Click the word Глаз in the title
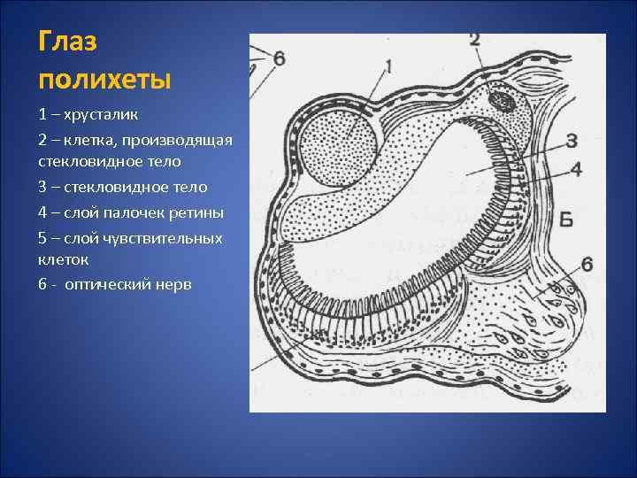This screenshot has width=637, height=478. point(69,43)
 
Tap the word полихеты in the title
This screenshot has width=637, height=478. point(104,79)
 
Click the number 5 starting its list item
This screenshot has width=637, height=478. point(42,238)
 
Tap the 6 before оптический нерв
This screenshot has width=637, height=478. point(42,285)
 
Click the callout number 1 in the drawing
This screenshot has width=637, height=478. point(388,66)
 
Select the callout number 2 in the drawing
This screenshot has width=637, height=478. point(473,40)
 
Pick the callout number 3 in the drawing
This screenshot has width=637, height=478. point(572,141)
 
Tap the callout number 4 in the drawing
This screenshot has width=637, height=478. point(576,169)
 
